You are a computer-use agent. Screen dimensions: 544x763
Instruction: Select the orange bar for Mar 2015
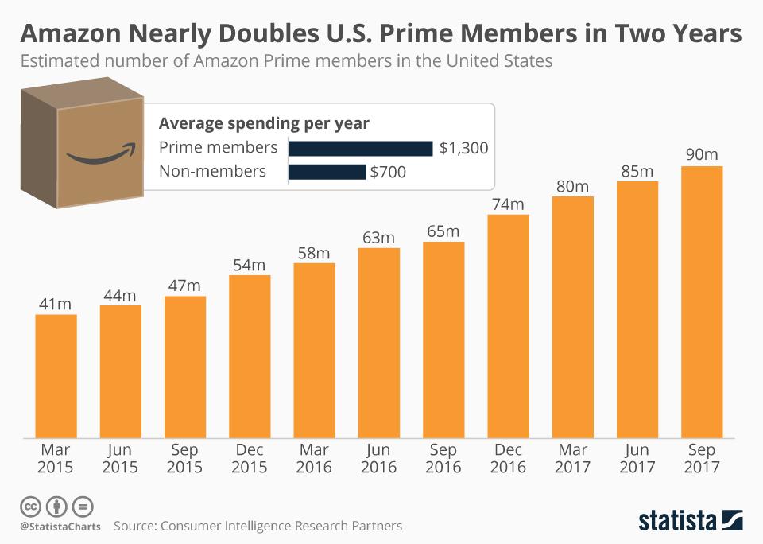click(x=56, y=375)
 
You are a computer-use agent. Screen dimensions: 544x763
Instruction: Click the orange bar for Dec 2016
click(x=508, y=325)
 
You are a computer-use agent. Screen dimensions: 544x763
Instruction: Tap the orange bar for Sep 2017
click(x=702, y=301)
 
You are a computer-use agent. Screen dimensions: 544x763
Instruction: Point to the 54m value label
click(x=250, y=265)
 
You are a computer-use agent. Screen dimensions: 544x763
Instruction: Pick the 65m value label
click(x=443, y=231)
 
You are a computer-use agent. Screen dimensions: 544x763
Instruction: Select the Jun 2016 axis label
click(x=379, y=459)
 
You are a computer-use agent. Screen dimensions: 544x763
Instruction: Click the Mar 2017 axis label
click(x=572, y=459)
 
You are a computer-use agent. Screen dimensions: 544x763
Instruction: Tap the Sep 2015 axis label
click(x=185, y=459)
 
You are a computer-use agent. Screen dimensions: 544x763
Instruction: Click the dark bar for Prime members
click(x=360, y=148)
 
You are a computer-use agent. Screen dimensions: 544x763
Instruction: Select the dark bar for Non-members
click(x=327, y=172)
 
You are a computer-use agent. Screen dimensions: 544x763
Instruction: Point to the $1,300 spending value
click(x=463, y=148)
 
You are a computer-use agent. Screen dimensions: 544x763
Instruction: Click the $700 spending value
click(x=388, y=172)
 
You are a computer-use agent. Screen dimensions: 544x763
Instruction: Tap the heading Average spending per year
click(x=264, y=123)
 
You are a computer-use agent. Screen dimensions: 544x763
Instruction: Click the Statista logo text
click(x=678, y=521)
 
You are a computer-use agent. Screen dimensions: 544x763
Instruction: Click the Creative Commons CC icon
click(x=29, y=506)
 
